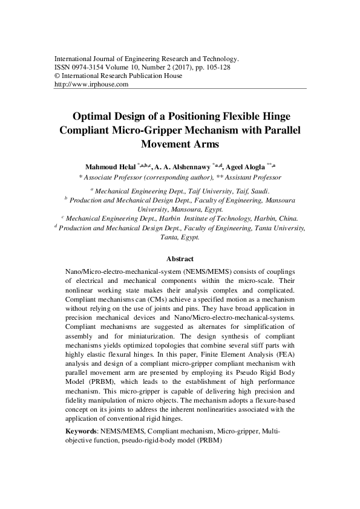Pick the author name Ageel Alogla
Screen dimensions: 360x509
click(x=246, y=166)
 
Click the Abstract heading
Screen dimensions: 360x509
click(x=180, y=259)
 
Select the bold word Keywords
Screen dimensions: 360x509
click(x=81, y=432)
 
